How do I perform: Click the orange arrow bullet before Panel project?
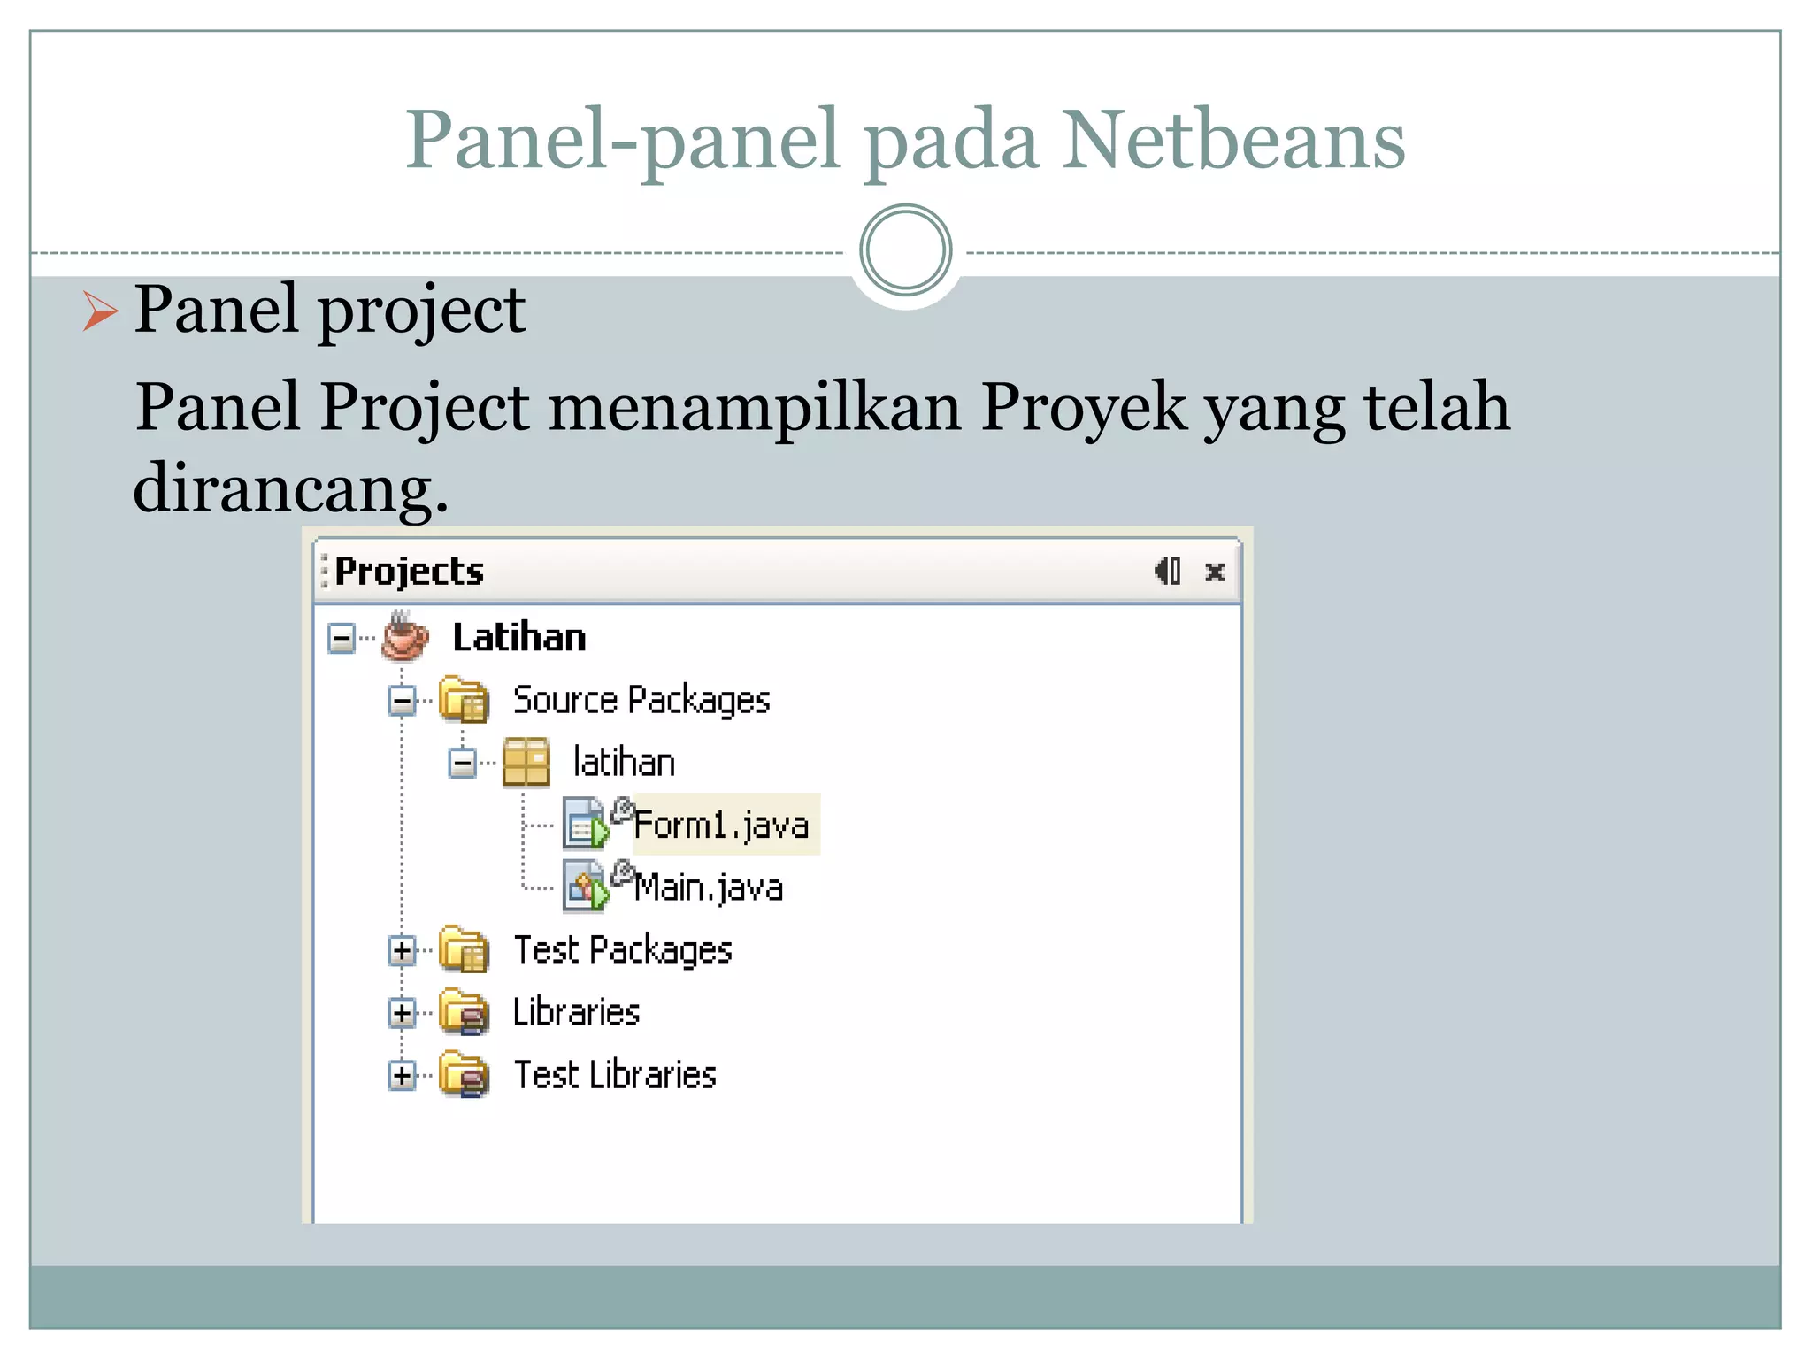(100, 311)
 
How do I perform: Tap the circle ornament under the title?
(905, 250)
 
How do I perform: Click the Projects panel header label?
(409, 572)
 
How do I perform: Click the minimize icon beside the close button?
(1168, 572)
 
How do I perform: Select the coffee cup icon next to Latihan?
(405, 636)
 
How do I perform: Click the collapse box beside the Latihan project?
(342, 637)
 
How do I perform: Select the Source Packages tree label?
(641, 700)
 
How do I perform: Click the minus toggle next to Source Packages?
(402, 701)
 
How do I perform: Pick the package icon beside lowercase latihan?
(526, 763)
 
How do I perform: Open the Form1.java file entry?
(721, 825)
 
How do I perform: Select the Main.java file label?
(709, 887)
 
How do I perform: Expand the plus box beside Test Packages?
(402, 951)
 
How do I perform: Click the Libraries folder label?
(576, 1013)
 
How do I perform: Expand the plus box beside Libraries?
(402, 1013)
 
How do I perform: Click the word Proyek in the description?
(1083, 408)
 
